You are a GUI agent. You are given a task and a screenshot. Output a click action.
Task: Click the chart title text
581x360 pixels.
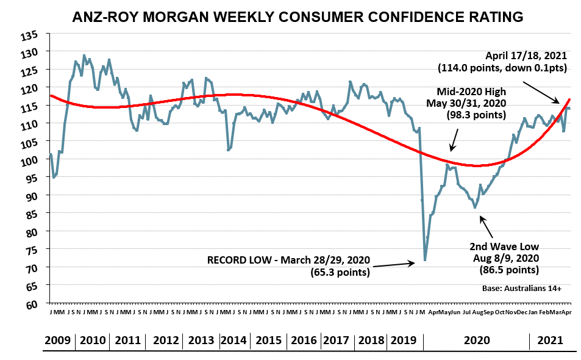(298, 17)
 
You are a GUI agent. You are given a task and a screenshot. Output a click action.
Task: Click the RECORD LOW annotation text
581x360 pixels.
(288, 260)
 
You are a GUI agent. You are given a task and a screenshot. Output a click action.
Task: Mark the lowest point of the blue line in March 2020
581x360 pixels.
(425, 260)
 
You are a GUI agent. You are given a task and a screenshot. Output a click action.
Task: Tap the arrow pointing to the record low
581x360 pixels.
(394, 265)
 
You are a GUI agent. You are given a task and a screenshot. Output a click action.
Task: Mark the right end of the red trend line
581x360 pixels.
(569, 99)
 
